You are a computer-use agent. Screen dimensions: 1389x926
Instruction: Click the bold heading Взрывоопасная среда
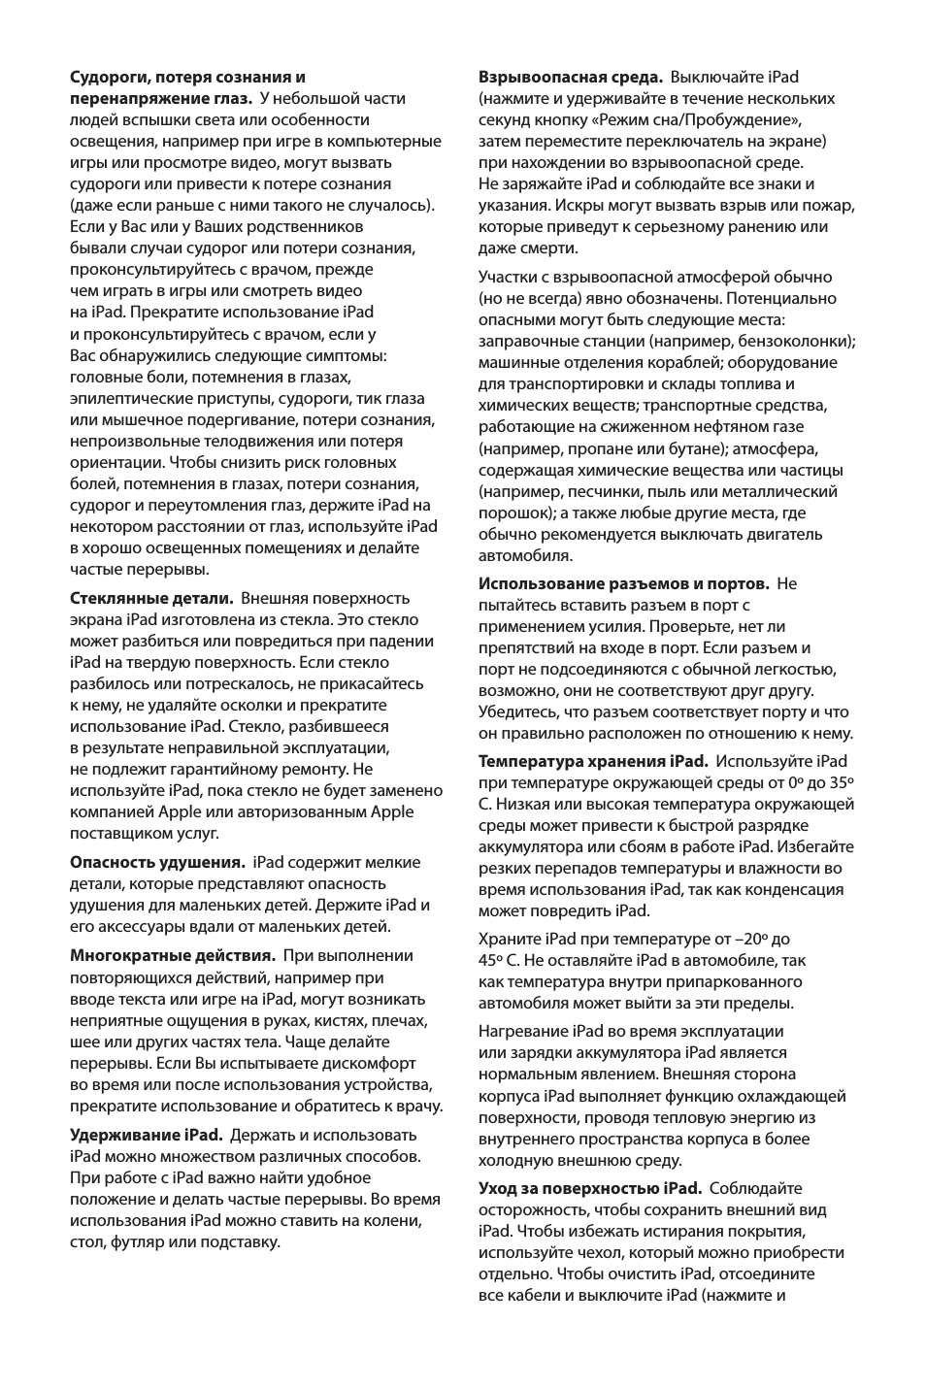click(x=571, y=77)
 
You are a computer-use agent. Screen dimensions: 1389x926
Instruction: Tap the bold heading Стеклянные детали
click(x=151, y=598)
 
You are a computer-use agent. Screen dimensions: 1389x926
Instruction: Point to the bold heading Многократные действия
click(x=173, y=955)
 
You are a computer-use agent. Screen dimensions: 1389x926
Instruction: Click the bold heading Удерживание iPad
click(x=146, y=1135)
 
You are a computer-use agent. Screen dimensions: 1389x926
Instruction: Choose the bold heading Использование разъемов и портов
click(x=624, y=583)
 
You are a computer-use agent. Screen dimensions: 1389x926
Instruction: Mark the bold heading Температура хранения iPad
click(x=593, y=761)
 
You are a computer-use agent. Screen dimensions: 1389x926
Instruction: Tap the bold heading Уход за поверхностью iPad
click(x=589, y=1188)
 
